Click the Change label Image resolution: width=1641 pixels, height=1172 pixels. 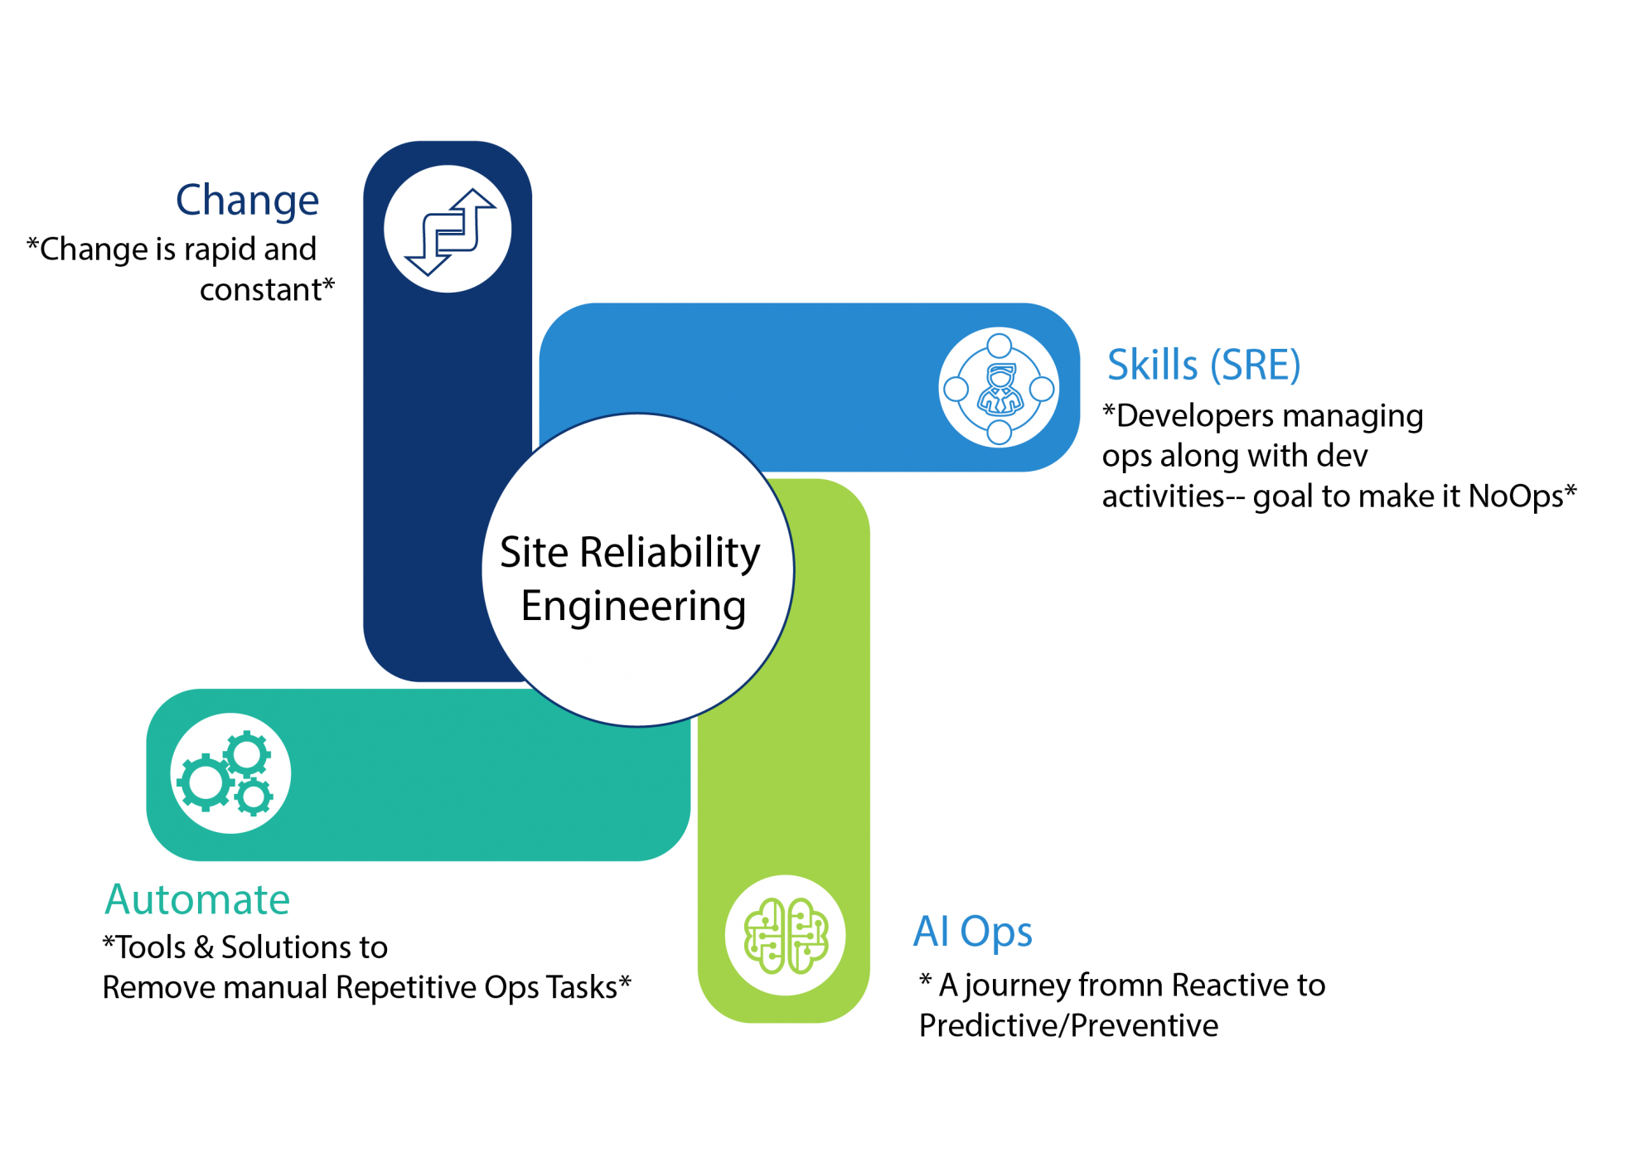coord(247,201)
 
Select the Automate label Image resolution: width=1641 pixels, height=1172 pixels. coord(197,899)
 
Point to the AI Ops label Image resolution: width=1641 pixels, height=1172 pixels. coord(972,932)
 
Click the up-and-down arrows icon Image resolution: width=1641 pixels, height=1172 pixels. coord(448,230)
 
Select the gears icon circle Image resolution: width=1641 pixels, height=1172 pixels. coord(230,773)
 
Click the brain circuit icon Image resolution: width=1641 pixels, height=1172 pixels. coord(785,936)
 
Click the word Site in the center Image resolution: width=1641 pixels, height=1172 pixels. coord(534,553)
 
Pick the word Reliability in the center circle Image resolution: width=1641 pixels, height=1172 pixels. coord(669,554)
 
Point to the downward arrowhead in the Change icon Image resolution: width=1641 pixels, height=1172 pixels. coord(427,264)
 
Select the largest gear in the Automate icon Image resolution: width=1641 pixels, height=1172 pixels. coord(204,782)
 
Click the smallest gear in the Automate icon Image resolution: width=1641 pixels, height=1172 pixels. coord(253,797)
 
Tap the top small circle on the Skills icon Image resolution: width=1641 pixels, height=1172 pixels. coord(1000,345)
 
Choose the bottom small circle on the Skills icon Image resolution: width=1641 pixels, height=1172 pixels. coord(1000,432)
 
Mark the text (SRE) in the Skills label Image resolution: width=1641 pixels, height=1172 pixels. coord(1255,366)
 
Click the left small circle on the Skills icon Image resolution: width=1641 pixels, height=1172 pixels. coord(956,389)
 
